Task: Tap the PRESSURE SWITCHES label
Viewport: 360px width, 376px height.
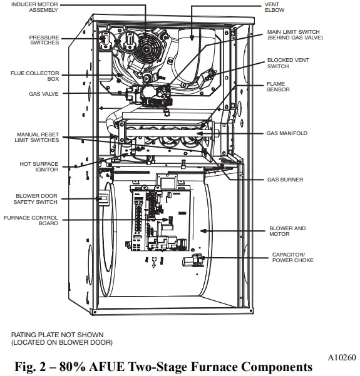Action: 44,40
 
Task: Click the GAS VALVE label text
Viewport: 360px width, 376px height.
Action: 43,93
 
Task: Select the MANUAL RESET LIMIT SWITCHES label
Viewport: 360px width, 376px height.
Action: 38,138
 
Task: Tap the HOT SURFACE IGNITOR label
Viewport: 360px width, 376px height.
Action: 39,166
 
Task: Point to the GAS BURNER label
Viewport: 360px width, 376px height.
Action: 285,180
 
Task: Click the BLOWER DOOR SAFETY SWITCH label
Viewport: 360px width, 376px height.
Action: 36,199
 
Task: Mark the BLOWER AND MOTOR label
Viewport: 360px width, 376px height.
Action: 287,231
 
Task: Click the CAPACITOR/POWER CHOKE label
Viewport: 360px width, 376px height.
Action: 292,257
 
